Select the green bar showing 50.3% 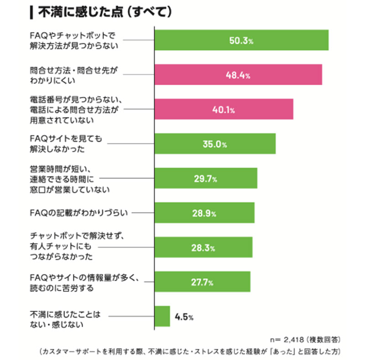click(242, 40)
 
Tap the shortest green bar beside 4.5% click(163, 316)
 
